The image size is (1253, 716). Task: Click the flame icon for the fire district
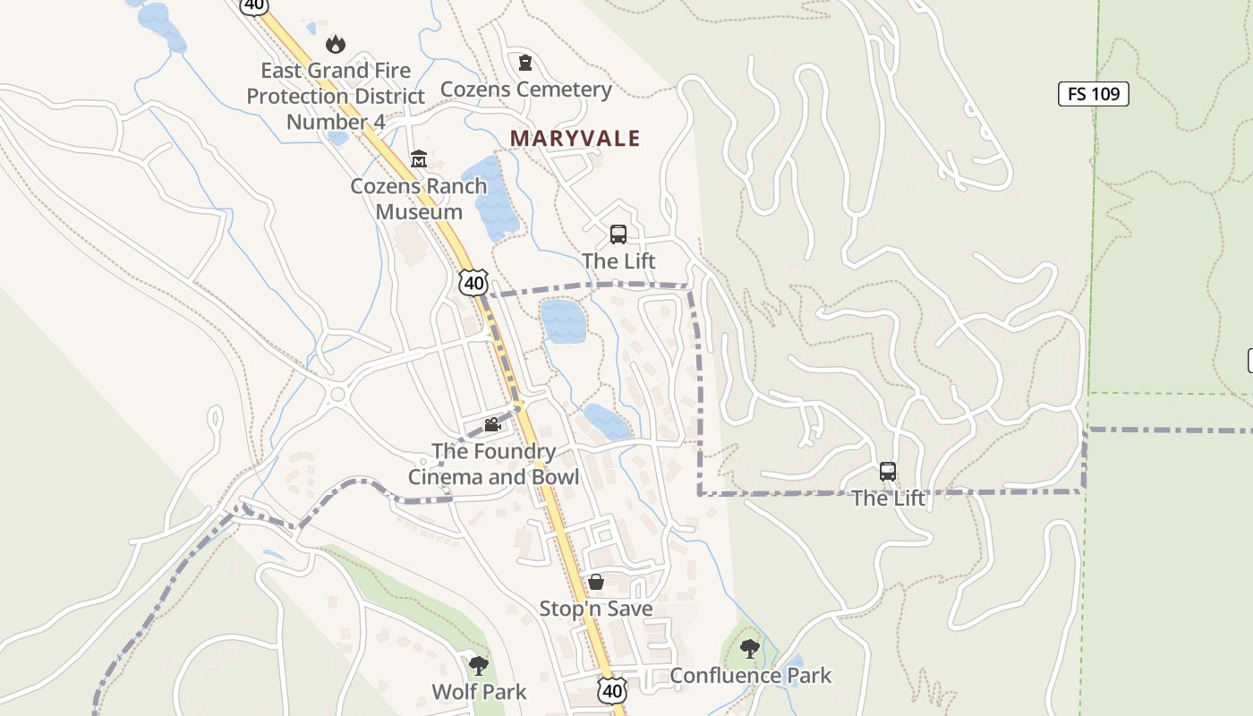(x=336, y=43)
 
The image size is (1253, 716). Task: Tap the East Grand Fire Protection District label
(x=336, y=96)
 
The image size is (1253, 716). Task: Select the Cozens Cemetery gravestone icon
(x=525, y=63)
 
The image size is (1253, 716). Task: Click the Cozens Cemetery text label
(x=526, y=89)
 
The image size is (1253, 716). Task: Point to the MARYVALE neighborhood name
(x=575, y=138)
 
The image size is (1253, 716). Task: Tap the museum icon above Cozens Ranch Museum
(x=418, y=159)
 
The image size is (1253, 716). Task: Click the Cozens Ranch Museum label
(x=419, y=199)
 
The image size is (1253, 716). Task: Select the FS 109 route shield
(x=1093, y=94)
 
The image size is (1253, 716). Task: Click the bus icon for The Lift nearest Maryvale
(x=618, y=234)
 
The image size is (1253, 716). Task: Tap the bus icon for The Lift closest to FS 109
(x=888, y=472)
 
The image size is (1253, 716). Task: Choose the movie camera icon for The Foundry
(x=491, y=424)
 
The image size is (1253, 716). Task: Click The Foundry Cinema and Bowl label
(x=494, y=464)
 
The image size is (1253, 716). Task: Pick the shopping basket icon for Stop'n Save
(x=596, y=583)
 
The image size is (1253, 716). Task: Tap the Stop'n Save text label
(x=596, y=609)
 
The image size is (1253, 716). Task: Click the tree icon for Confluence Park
(x=750, y=649)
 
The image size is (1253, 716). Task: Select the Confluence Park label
(x=750, y=676)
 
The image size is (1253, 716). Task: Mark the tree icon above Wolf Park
(x=479, y=665)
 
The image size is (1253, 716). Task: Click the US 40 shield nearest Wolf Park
(x=612, y=690)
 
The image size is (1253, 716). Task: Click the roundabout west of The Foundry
(x=337, y=394)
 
